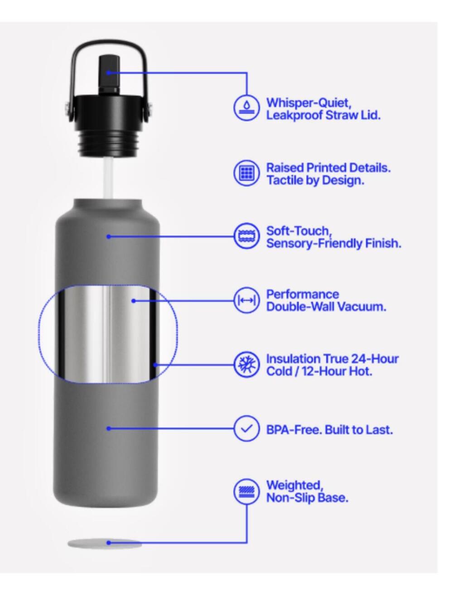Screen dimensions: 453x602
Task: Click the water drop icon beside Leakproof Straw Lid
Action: coord(246,108)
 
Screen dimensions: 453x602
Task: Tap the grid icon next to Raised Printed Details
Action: coord(246,173)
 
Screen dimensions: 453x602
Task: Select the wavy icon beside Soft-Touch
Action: coord(246,236)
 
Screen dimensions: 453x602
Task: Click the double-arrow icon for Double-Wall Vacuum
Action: coord(246,301)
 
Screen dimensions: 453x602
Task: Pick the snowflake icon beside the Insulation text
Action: coord(246,365)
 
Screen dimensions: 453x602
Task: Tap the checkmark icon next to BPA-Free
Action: coord(246,429)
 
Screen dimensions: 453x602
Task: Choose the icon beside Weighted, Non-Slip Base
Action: coord(246,491)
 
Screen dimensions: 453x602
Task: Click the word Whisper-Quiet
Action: coord(309,103)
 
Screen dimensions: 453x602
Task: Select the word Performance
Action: coord(303,294)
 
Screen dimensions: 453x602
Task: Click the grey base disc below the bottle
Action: coord(105,543)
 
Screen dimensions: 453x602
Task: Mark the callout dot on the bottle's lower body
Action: coord(109,429)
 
